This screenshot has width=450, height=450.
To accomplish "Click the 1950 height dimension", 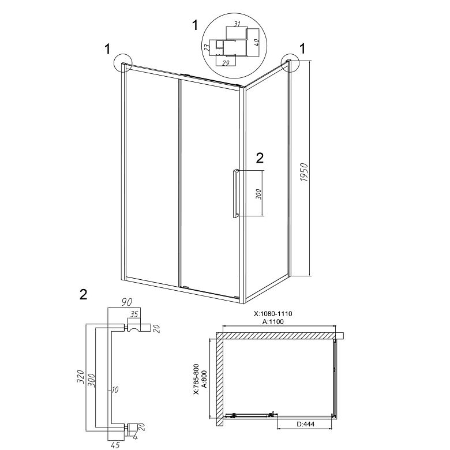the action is point(304,172).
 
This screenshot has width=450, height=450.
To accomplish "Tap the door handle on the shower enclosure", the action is point(235,194).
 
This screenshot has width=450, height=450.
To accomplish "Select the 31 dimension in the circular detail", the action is point(237,24).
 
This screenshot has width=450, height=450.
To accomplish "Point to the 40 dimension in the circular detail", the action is point(257,42).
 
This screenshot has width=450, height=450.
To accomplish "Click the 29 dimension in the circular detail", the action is point(226,63).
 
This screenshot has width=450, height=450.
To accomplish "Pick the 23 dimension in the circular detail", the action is point(207,47).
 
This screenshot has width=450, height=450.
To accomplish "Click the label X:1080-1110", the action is point(273,314).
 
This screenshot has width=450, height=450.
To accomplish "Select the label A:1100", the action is point(273,321).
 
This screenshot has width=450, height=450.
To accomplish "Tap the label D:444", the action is point(306,424).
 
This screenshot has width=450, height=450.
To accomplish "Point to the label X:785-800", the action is point(196,379).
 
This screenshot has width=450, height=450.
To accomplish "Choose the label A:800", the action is point(204,379).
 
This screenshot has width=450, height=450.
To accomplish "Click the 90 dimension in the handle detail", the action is point(126,302).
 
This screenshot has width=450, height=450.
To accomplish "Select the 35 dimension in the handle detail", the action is point(134,314).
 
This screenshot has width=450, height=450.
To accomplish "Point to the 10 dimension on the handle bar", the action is point(115,390).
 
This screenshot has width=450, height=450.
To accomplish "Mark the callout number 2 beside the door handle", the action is point(260,158).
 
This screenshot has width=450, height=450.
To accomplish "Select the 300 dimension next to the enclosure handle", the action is point(258,194).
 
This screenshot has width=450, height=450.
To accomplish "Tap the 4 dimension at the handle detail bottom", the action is point(136,438).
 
